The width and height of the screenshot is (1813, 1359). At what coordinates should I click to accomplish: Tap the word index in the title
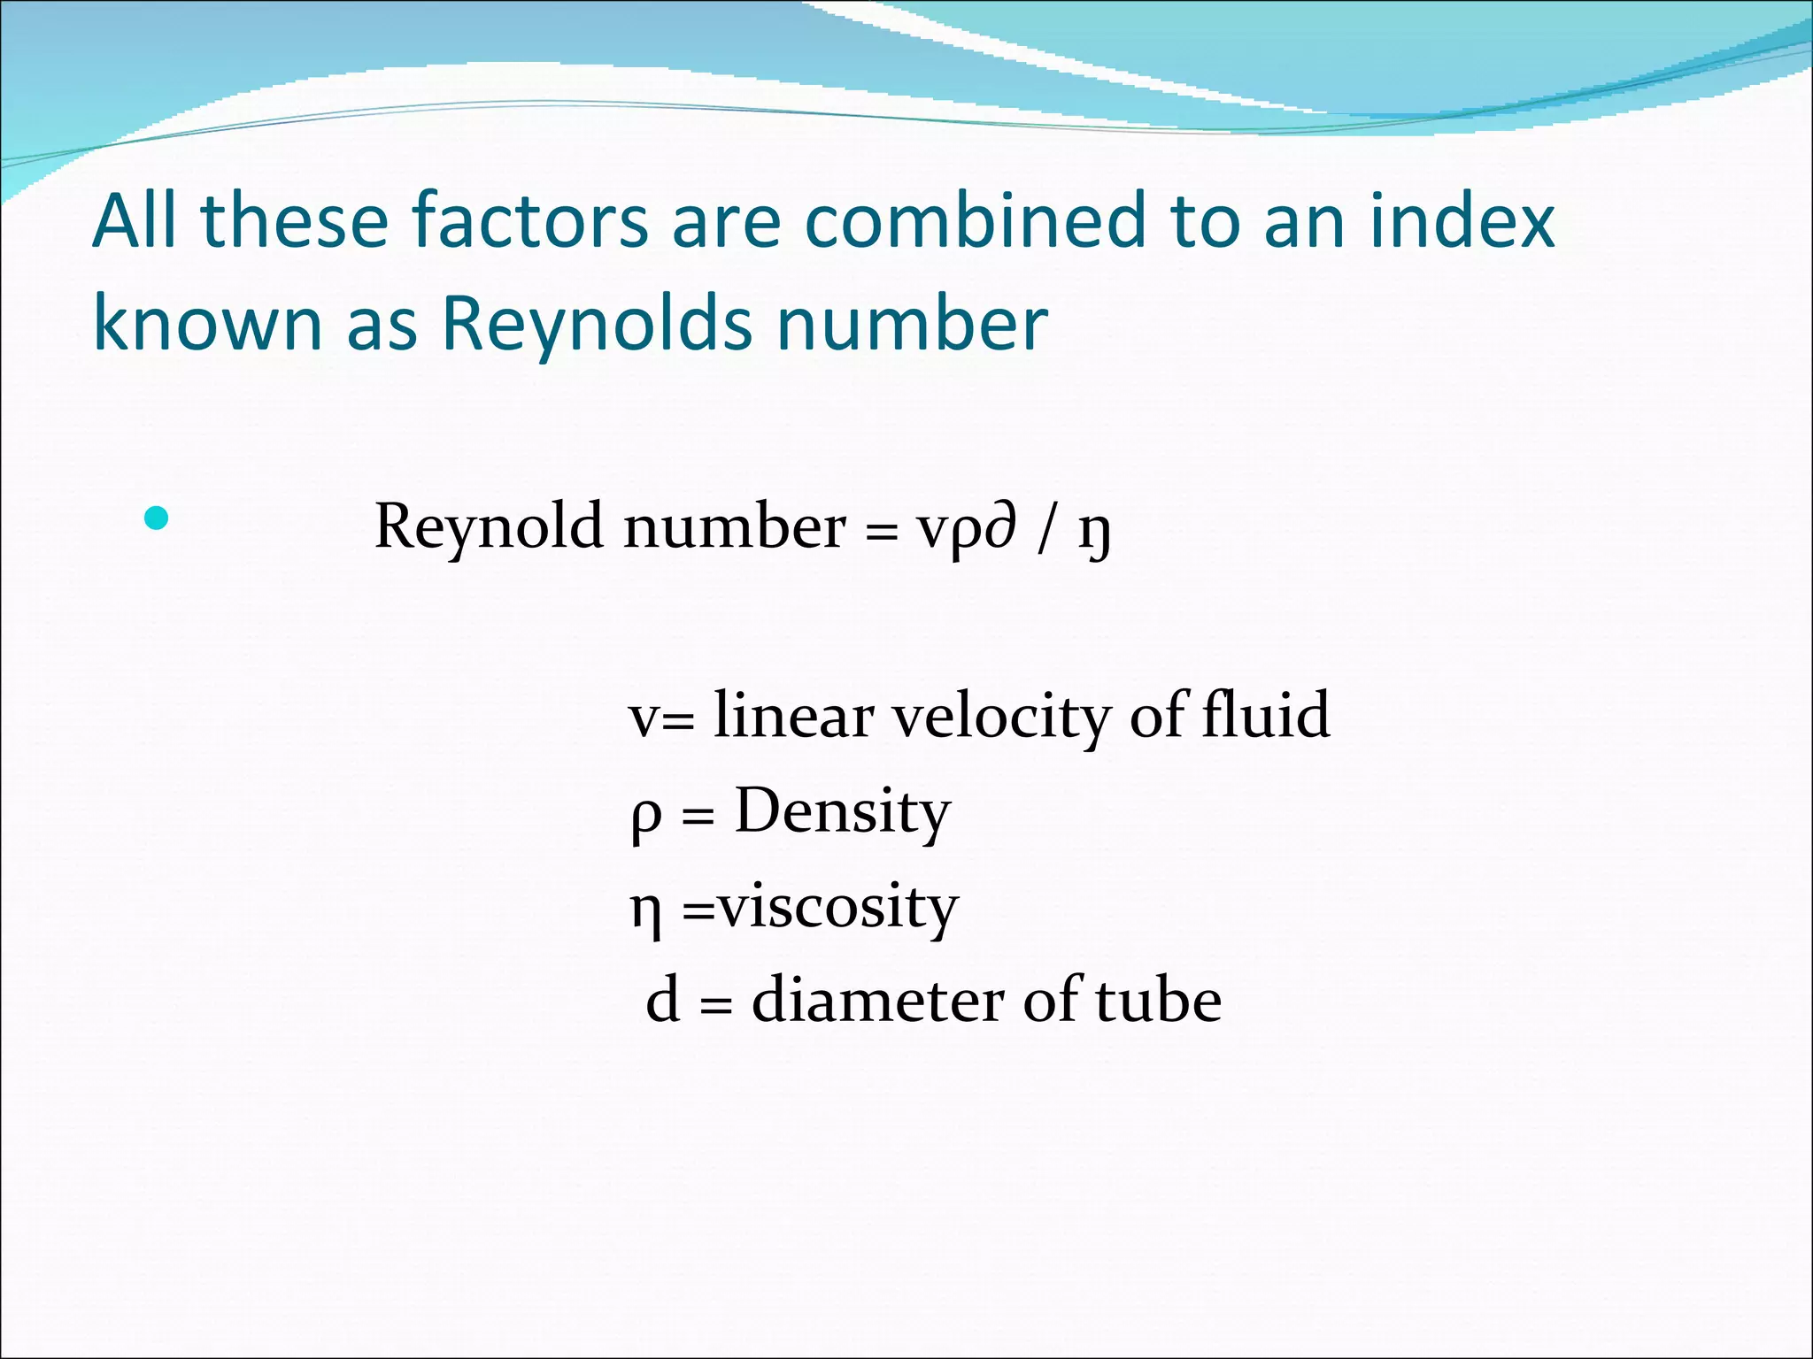[x=1462, y=221]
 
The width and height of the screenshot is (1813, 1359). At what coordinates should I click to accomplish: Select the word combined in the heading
[x=975, y=221]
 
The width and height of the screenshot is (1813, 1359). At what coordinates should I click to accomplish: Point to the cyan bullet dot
[x=156, y=518]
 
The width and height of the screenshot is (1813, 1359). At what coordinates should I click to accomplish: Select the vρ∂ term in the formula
[x=966, y=530]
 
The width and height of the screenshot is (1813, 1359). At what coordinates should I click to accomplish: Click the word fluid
[x=1265, y=714]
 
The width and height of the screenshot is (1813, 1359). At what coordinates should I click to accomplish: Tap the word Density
[x=842, y=812]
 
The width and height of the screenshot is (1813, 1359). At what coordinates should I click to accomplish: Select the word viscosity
[x=837, y=908]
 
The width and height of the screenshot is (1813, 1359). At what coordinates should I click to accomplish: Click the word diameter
[x=878, y=1001]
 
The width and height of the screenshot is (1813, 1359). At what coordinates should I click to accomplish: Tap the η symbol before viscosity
[x=645, y=912]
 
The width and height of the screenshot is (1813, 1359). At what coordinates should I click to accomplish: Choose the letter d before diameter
[x=663, y=1001]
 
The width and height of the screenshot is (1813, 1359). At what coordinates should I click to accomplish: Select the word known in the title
[x=208, y=324]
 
